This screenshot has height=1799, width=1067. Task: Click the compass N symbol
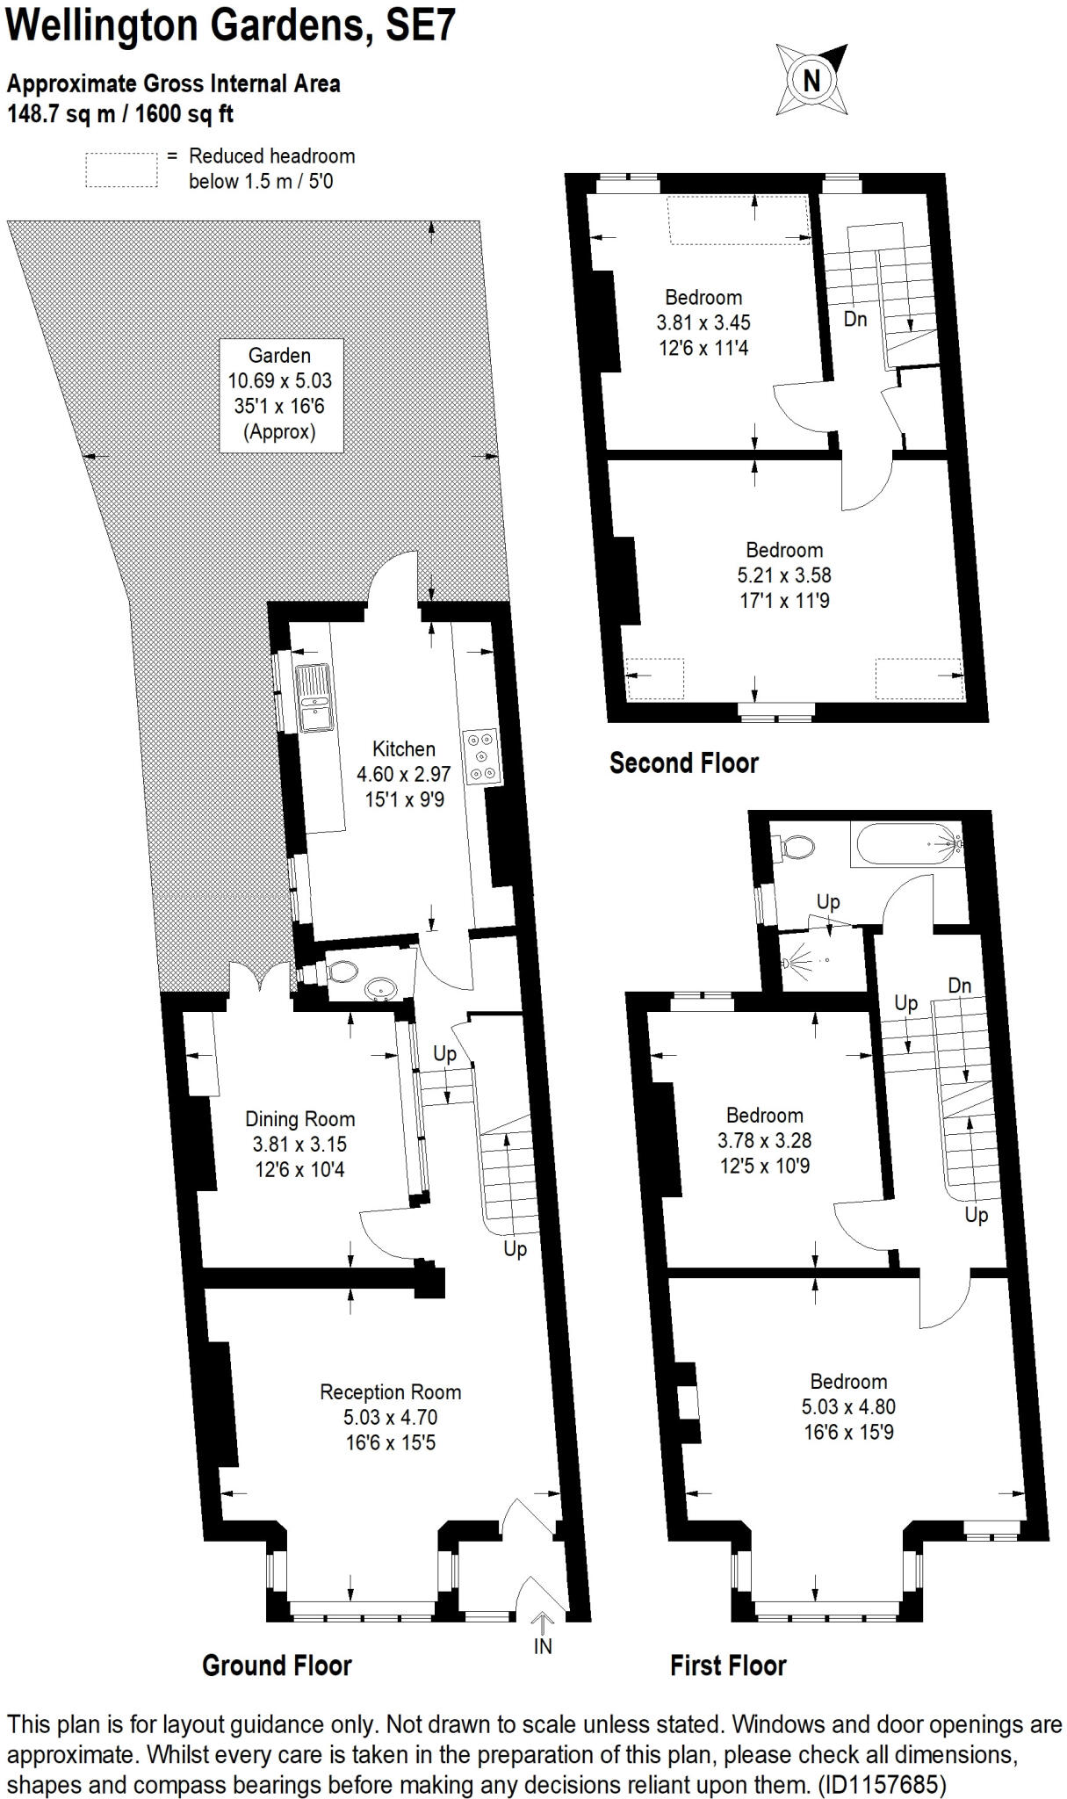(811, 80)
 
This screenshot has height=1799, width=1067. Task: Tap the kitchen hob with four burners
(480, 755)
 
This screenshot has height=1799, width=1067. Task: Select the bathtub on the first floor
(905, 844)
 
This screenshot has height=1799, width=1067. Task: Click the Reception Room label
(390, 1392)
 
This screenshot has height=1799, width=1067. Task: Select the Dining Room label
(299, 1119)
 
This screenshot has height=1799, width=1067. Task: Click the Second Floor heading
(683, 762)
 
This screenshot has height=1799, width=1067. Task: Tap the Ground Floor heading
(277, 1665)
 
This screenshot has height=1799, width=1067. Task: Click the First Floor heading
(728, 1665)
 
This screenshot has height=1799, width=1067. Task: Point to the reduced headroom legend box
(121, 170)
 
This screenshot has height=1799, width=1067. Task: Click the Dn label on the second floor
(854, 320)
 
